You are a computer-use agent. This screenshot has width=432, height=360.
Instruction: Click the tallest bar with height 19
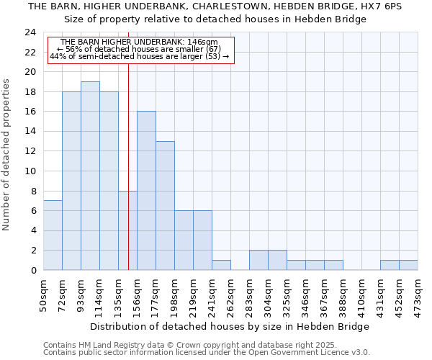pyautogui.click(x=90, y=176)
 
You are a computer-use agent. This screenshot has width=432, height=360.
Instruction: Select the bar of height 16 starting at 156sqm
pyautogui.click(x=146, y=191)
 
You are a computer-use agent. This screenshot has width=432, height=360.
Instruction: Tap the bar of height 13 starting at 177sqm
pyautogui.click(x=165, y=206)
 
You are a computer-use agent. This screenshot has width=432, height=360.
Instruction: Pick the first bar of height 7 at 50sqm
pyautogui.click(x=53, y=235)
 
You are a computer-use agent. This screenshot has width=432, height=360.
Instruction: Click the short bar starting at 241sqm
pyautogui.click(x=221, y=265)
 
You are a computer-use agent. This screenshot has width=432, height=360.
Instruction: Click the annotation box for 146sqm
pyautogui.click(x=141, y=50)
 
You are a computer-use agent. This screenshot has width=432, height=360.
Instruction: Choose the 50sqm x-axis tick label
pyautogui.click(x=44, y=295)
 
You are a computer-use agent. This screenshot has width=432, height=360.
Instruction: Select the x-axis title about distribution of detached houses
pyautogui.click(x=230, y=326)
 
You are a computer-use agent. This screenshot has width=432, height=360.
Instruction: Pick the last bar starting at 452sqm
pyautogui.click(x=408, y=265)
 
